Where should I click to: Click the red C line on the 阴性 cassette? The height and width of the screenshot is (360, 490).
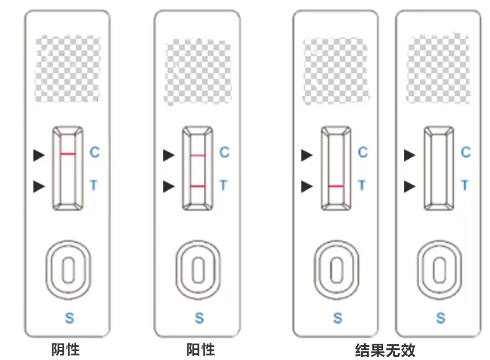pyautogui.click(x=68, y=154)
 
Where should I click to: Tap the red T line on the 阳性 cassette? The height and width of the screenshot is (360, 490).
pyautogui.click(x=198, y=186)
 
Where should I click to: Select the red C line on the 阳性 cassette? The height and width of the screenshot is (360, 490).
pyautogui.click(x=198, y=156)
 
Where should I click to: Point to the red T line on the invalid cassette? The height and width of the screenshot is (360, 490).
pyautogui.click(x=336, y=186)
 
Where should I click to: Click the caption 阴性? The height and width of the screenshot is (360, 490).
pyautogui.click(x=65, y=350)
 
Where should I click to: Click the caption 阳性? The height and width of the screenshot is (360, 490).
pyautogui.click(x=200, y=350)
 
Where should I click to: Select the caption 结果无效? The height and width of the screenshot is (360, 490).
pyautogui.click(x=386, y=350)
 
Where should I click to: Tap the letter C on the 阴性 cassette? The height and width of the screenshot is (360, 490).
pyautogui.click(x=94, y=152)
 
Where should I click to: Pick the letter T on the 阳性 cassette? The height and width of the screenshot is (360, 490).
pyautogui.click(x=224, y=185)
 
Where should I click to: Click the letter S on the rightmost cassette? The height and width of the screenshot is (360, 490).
pyautogui.click(x=440, y=318)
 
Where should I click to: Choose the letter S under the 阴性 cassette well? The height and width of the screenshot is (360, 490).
pyautogui.click(x=69, y=318)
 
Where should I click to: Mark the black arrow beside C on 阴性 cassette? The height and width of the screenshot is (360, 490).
pyautogui.click(x=39, y=156)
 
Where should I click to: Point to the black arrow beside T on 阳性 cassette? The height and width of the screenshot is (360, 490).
pyautogui.click(x=169, y=186)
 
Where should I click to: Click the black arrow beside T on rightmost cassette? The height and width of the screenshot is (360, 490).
pyautogui.click(x=410, y=186)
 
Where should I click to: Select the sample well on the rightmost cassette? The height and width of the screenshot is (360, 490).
pyautogui.click(x=439, y=270)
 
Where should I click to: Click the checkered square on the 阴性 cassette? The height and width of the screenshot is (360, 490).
pyautogui.click(x=68, y=69)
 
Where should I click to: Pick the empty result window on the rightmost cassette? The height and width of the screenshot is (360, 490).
pyautogui.click(x=439, y=168)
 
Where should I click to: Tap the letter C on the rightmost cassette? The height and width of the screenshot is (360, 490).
pyautogui.click(x=465, y=152)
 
